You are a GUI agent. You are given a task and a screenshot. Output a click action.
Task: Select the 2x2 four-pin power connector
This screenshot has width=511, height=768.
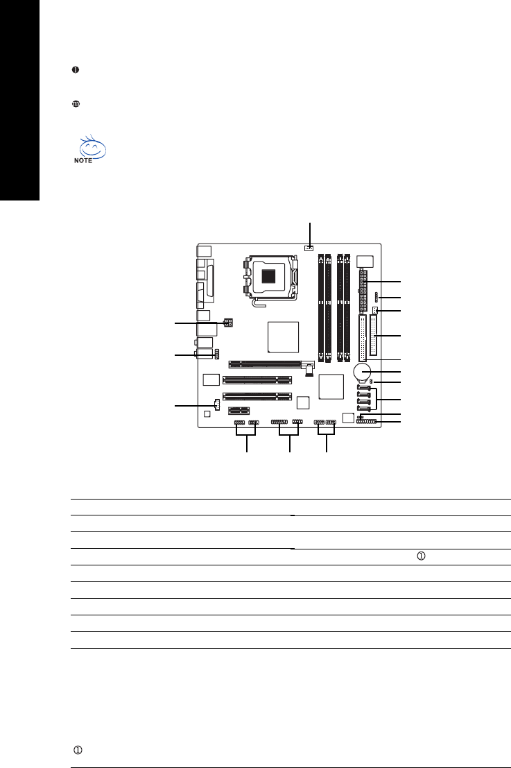(x=228, y=323)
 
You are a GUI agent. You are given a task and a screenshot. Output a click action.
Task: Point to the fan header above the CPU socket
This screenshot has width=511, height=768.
(x=309, y=248)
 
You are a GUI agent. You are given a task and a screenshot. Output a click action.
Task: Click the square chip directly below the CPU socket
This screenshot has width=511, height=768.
(x=283, y=337)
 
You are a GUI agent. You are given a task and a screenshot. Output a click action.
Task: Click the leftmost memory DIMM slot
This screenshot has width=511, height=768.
(x=320, y=308)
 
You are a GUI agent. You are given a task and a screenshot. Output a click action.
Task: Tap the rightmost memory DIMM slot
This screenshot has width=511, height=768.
(x=347, y=308)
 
